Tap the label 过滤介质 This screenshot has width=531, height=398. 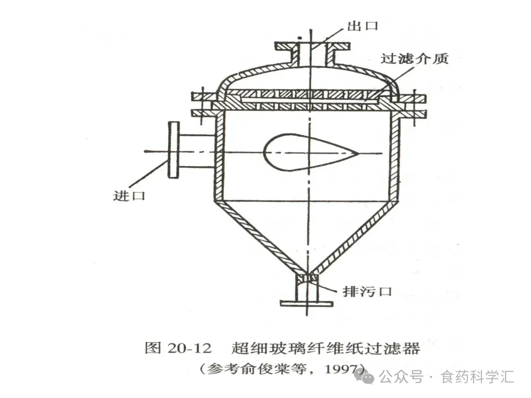click(414, 58)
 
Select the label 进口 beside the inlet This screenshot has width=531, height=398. click(129, 195)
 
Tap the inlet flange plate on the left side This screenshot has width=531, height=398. click(173, 149)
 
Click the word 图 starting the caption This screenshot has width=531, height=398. click(151, 348)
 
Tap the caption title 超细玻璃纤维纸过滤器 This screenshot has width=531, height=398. click(325, 348)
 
